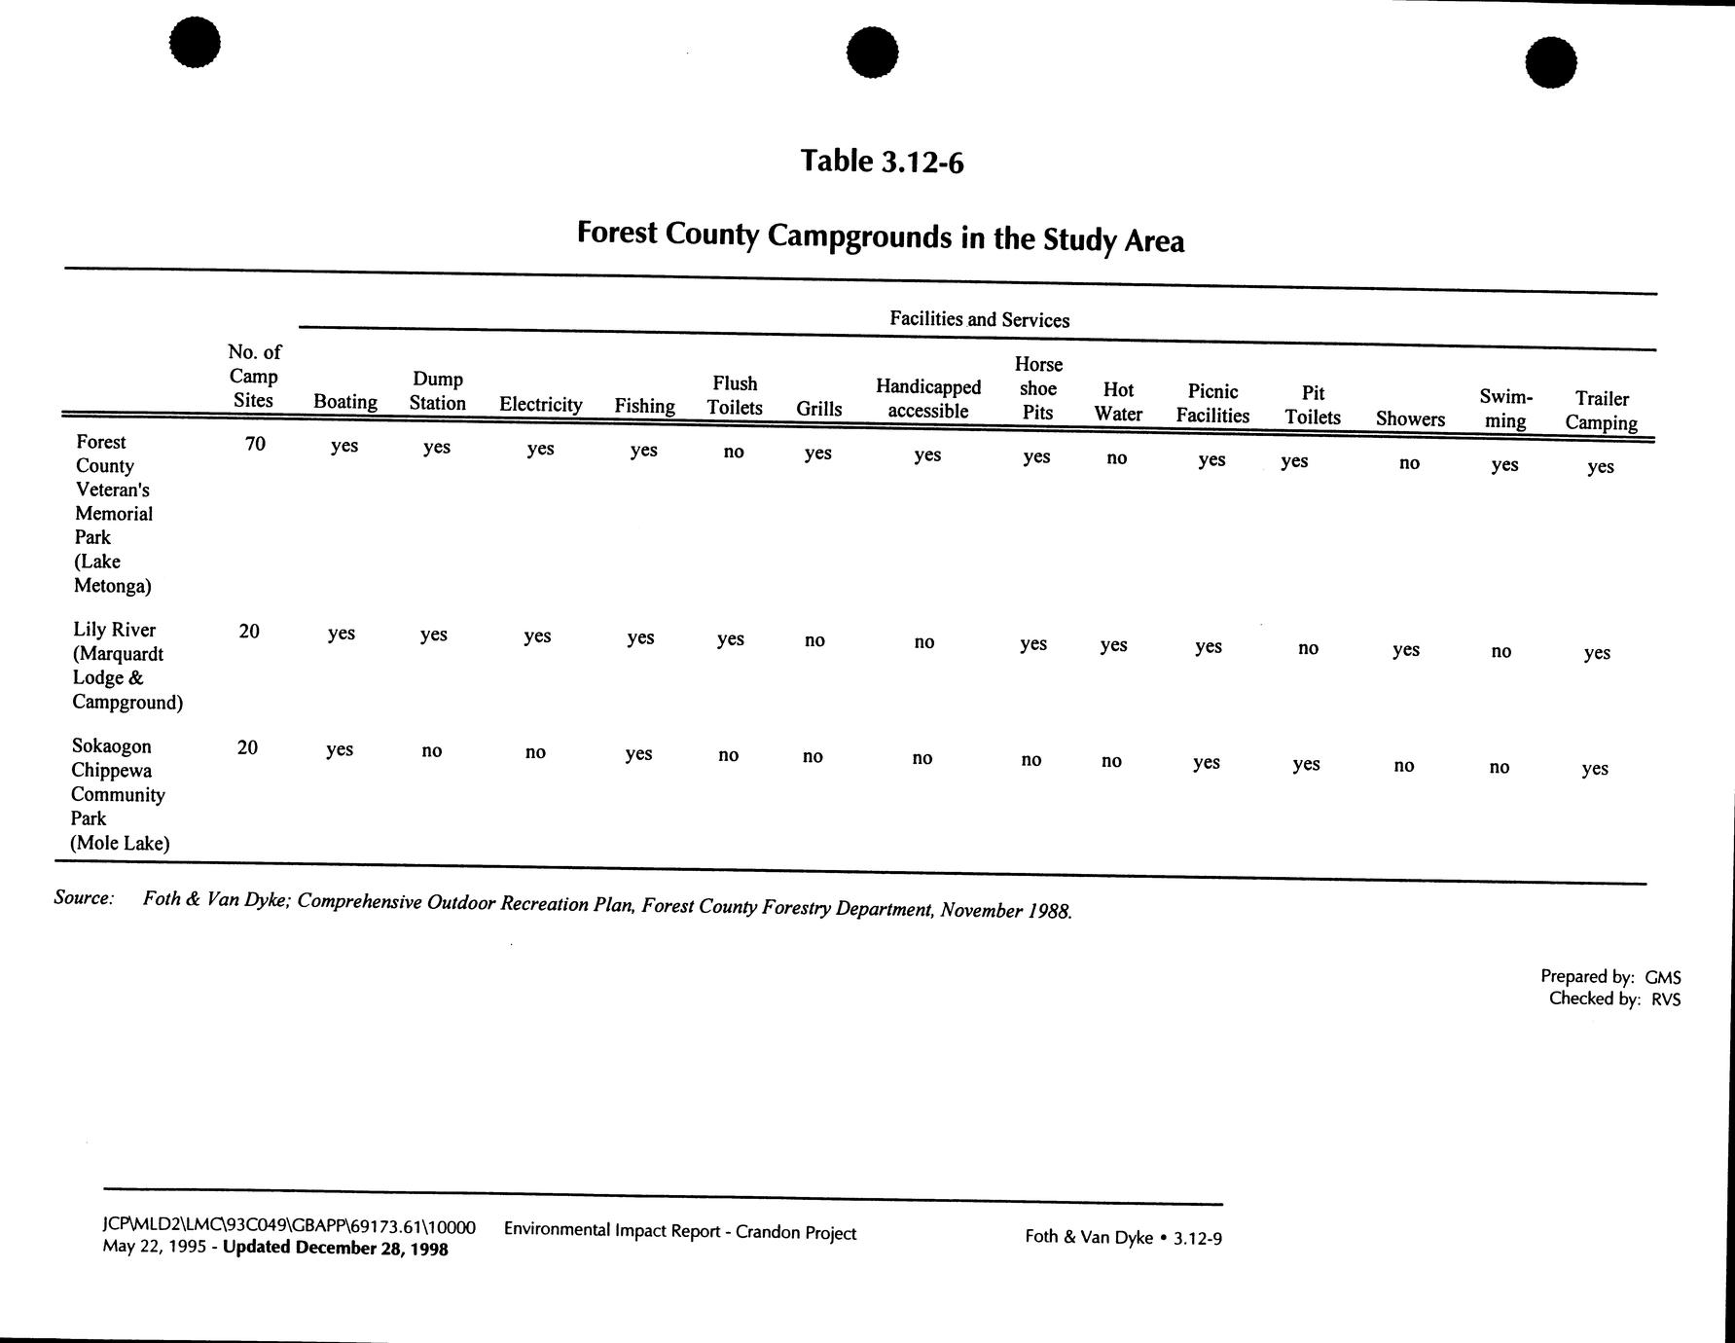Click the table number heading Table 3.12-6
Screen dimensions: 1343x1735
click(882, 161)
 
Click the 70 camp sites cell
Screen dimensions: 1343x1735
click(255, 444)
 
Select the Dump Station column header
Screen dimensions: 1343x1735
click(437, 391)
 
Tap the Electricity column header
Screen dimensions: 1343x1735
click(540, 405)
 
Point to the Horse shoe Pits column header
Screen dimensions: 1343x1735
click(1038, 388)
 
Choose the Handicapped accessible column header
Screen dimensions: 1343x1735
click(928, 399)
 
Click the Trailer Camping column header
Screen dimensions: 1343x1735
click(1601, 411)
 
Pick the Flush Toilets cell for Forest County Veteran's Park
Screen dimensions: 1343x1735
click(734, 452)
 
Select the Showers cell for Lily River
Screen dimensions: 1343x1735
click(1405, 649)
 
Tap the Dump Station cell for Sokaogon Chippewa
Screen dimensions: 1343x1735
click(431, 750)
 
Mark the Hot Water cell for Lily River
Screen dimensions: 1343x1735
click(1113, 644)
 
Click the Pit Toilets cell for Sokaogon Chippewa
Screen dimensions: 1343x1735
click(1306, 764)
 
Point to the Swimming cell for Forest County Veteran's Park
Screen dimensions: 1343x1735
click(1504, 464)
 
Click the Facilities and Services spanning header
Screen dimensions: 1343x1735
click(979, 319)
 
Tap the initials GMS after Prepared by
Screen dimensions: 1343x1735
click(1663, 977)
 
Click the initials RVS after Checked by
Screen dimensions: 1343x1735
click(1665, 998)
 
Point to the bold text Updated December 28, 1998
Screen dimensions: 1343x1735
click(336, 1249)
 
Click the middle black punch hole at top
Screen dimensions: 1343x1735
click(872, 52)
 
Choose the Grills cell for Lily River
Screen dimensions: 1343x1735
click(814, 640)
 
